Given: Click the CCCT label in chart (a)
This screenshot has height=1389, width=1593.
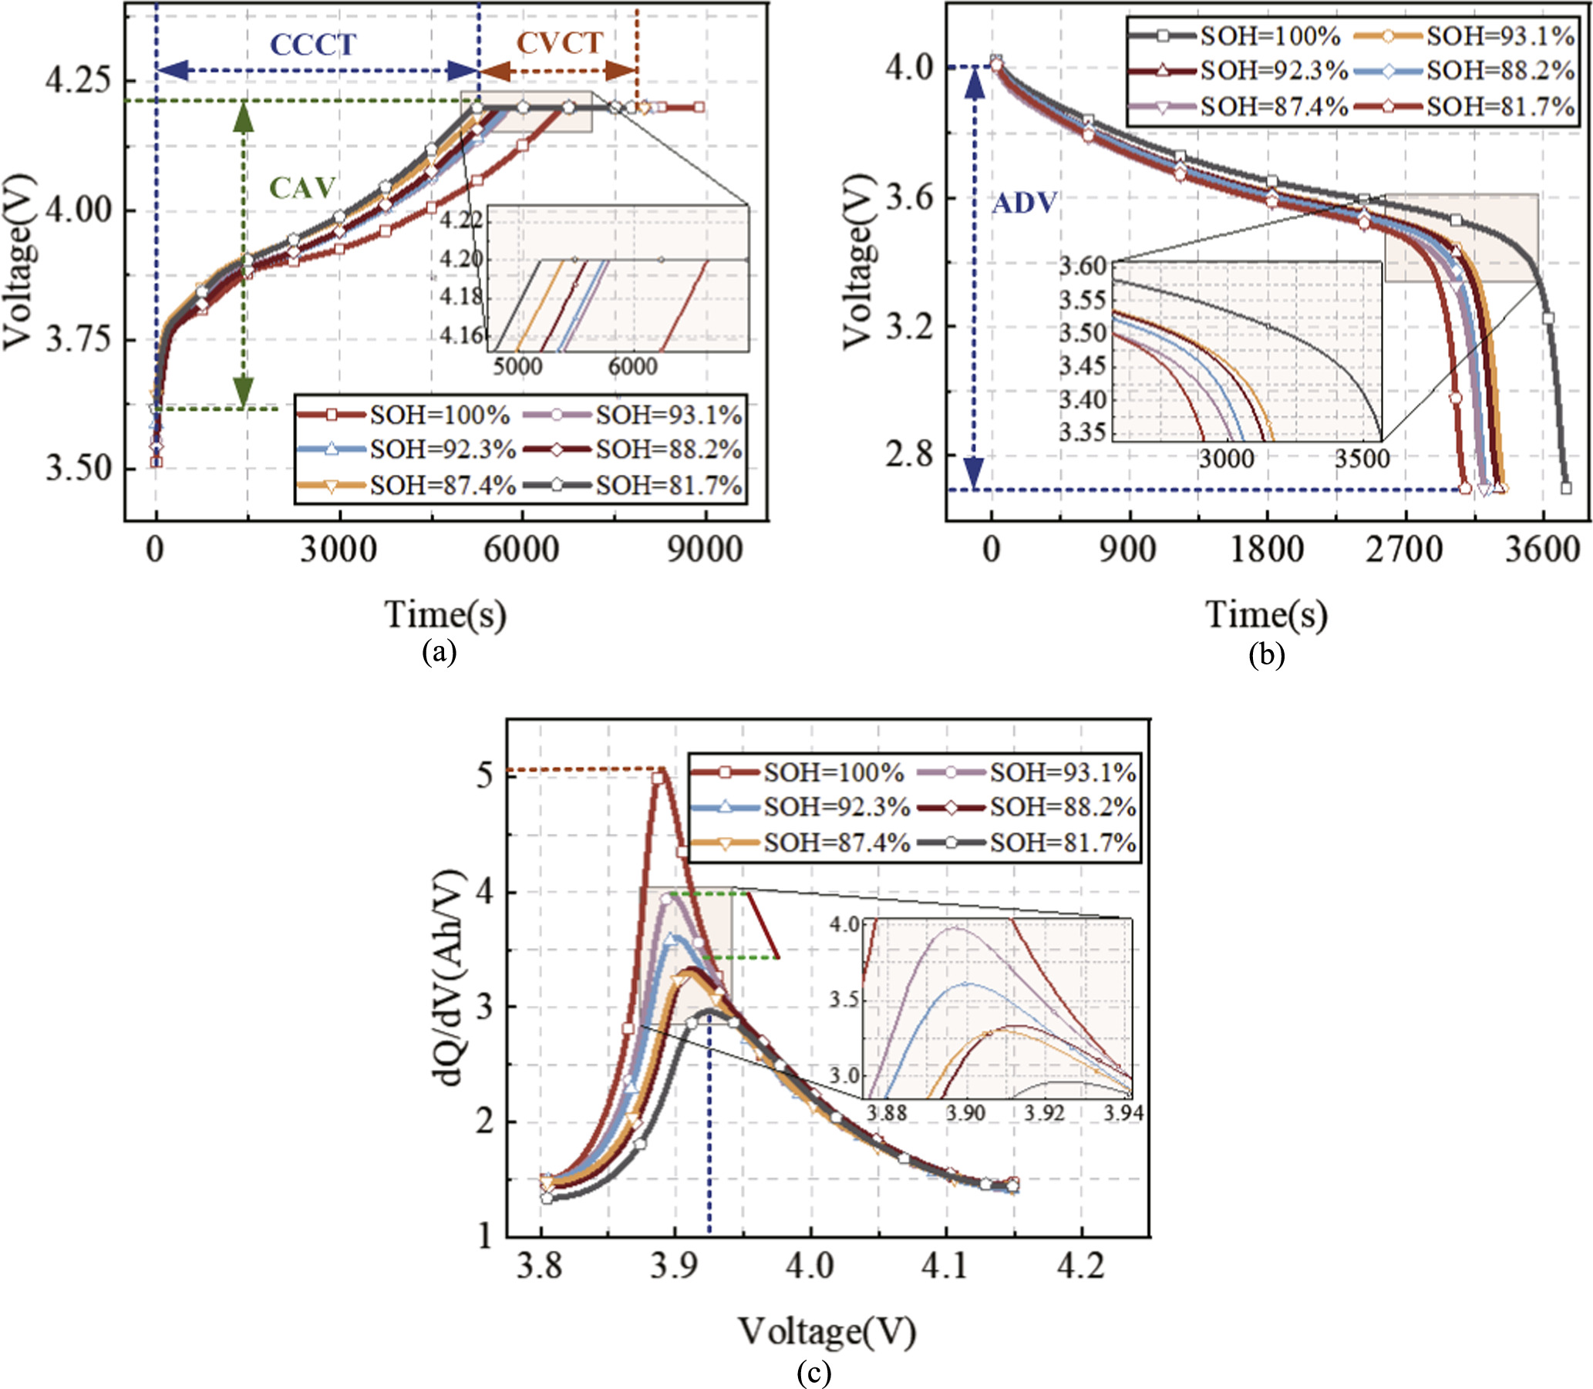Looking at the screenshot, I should coord(312,45).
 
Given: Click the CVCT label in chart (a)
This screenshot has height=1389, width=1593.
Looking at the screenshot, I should coord(560,43).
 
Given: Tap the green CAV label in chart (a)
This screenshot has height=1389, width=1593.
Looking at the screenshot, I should coord(302,187).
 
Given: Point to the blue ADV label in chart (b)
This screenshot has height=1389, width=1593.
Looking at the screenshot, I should coord(1025,203).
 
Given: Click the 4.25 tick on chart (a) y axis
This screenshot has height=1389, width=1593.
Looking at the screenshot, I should coord(78,80).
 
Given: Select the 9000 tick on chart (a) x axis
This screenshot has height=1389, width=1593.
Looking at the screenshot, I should coord(705,550).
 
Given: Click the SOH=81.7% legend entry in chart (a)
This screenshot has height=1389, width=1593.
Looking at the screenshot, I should coord(669,485).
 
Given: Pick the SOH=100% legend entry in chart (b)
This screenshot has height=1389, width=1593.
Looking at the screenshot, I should coord(1270,35).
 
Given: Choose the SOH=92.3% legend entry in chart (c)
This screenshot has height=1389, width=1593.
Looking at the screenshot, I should coord(836,807).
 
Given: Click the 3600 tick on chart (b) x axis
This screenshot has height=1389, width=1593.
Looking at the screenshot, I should coord(1542,550).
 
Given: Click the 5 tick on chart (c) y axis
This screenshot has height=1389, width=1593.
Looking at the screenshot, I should coord(485,775).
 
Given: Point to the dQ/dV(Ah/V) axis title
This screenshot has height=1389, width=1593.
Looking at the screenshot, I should coord(450,977).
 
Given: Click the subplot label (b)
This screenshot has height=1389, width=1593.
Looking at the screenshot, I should coord(1266,655).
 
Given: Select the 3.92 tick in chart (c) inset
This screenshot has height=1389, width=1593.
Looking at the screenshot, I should coord(1044,1113).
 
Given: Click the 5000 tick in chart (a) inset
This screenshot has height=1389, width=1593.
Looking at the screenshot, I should coord(518,365).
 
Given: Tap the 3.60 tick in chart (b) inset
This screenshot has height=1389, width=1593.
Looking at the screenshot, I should coord(1083,266).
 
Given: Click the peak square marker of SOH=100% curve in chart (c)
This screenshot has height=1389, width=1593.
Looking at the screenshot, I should coord(658,779).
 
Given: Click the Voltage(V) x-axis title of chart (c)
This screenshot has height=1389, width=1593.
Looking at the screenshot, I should coord(827,1332).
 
